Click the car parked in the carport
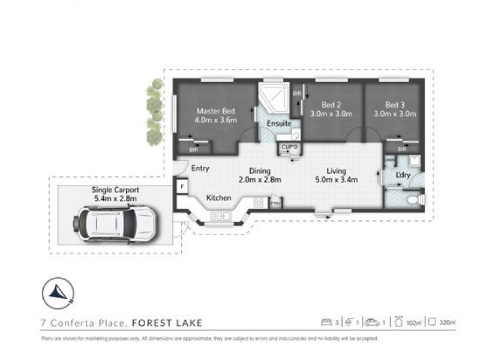click(x=115, y=223)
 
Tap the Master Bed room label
click(x=215, y=111)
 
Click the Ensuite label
click(x=280, y=124)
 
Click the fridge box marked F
click(x=182, y=187)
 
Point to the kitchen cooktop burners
click(x=259, y=203)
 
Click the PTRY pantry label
click(x=275, y=204)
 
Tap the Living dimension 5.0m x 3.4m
click(x=337, y=179)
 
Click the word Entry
click(x=200, y=169)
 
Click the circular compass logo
click(x=58, y=293)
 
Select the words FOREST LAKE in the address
click(x=167, y=323)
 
